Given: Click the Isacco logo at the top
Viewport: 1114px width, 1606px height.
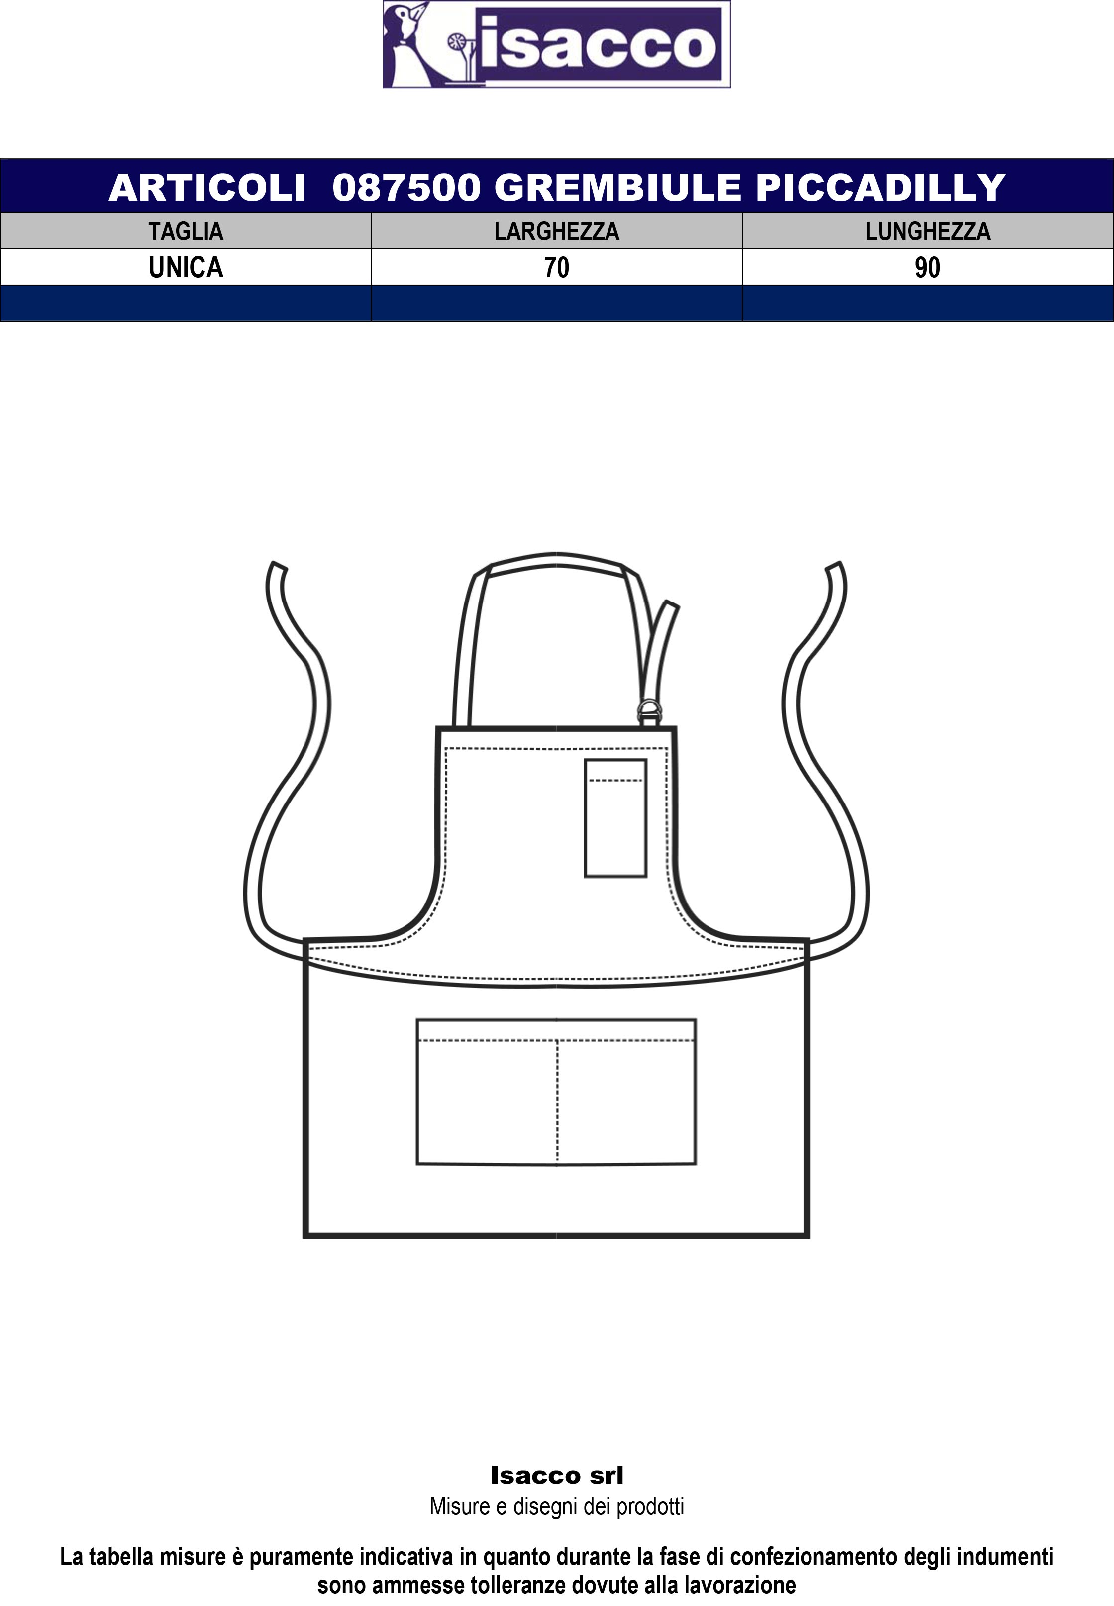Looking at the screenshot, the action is (x=556, y=44).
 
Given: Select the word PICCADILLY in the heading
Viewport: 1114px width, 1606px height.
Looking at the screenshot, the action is (x=880, y=187).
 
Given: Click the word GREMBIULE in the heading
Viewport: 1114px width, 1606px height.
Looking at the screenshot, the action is (x=618, y=187).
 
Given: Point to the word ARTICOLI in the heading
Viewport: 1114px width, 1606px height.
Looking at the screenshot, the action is (x=207, y=187).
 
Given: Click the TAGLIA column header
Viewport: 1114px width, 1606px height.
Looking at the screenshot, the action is (x=186, y=231).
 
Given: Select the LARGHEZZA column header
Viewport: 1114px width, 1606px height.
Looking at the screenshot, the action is (x=556, y=231).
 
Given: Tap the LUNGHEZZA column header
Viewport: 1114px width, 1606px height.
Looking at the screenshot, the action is (x=927, y=231).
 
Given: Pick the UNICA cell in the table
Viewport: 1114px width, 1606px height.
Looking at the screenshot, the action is (x=186, y=267).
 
